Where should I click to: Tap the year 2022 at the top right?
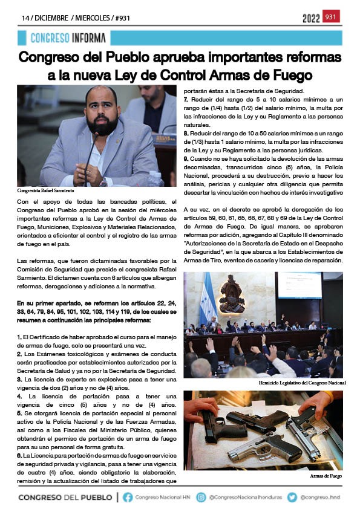311,18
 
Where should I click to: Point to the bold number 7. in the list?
186,99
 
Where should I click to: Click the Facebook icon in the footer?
128,497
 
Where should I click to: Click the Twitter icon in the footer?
293,497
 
